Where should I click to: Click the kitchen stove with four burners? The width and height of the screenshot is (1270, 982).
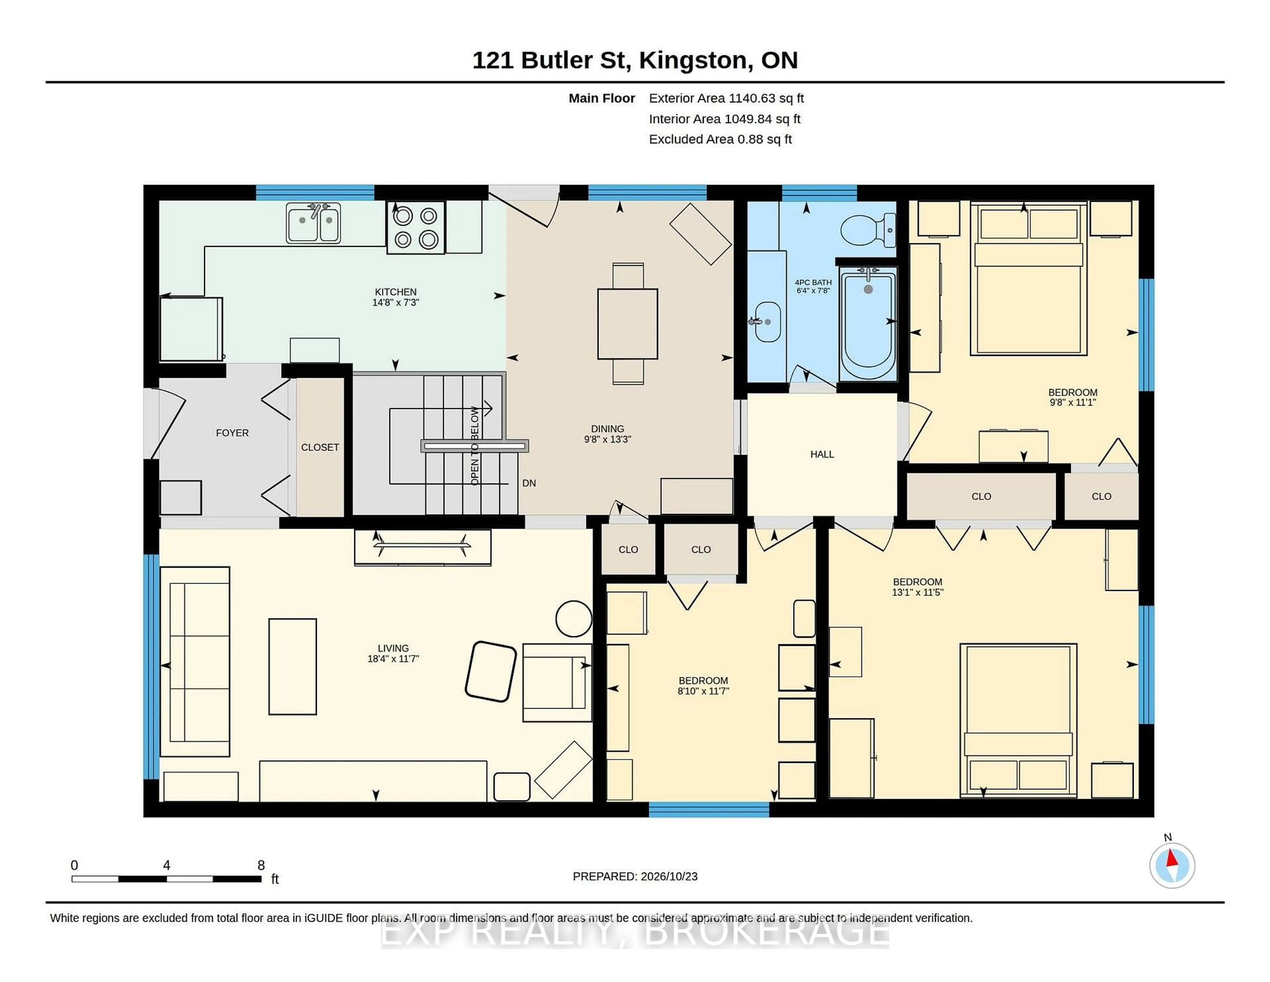point(416,227)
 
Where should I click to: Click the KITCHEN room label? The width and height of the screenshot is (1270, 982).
point(396,292)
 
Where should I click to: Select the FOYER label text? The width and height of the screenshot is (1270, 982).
point(232,433)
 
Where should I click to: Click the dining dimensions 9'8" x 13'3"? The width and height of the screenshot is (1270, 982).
point(608,440)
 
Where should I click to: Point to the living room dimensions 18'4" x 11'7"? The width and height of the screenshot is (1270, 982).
point(393,658)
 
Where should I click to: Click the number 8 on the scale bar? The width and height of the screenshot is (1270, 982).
point(261,865)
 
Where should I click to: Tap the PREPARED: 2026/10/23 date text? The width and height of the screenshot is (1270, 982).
point(635,876)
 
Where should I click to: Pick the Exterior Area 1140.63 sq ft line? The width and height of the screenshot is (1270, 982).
point(726,98)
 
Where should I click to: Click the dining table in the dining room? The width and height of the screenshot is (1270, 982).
point(627,324)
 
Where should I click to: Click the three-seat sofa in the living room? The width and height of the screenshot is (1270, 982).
point(195,662)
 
